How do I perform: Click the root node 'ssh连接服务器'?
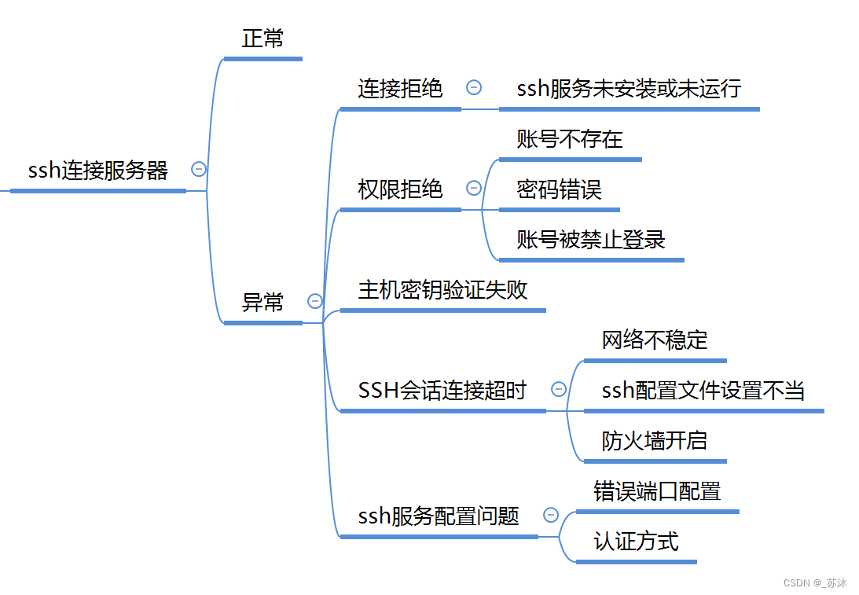(x=98, y=171)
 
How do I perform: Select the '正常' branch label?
(x=262, y=39)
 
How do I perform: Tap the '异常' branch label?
(x=262, y=303)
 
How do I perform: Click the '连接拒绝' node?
(x=400, y=89)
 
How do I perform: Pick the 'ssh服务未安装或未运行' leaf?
(x=629, y=89)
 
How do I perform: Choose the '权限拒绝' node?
(x=400, y=189)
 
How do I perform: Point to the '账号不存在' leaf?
(x=570, y=140)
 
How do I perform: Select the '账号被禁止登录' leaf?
(x=591, y=240)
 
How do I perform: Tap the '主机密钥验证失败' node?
(x=442, y=290)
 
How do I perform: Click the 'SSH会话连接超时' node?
(x=442, y=391)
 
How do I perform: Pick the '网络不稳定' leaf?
(x=655, y=340)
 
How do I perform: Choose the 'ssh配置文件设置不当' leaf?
(x=703, y=391)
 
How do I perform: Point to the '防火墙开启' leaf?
(x=655, y=441)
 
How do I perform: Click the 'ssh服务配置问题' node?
(x=439, y=516)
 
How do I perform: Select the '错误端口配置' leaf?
(x=657, y=492)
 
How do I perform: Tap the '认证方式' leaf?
(x=636, y=542)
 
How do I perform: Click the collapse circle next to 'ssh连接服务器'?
(x=199, y=169)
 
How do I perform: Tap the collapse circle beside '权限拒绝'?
(x=474, y=188)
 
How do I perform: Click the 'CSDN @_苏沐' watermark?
(x=815, y=583)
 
